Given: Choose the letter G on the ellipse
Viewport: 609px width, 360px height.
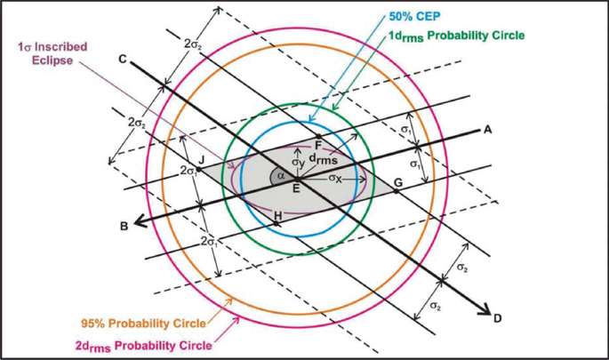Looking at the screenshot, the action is pyautogui.click(x=397, y=183).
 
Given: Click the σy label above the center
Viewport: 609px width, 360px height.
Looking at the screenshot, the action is pyautogui.click(x=300, y=160).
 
